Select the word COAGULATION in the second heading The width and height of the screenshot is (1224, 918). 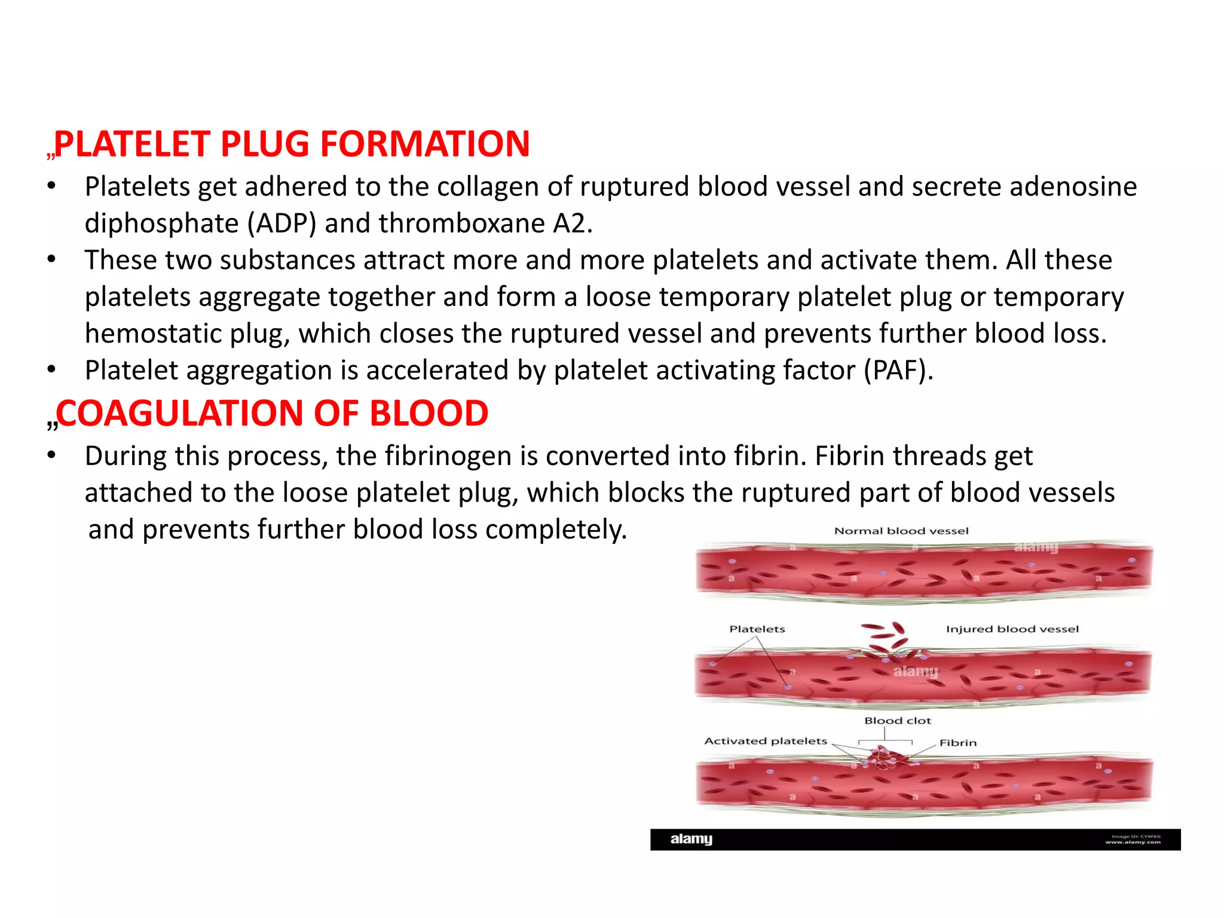pyautogui.click(x=180, y=414)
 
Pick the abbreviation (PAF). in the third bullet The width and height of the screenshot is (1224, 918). pyautogui.click(x=898, y=371)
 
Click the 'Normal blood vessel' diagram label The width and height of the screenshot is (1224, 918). pyautogui.click(x=901, y=531)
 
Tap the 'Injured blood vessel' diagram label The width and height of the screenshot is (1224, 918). pyautogui.click(x=1012, y=629)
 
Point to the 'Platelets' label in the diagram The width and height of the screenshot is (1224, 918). pyautogui.click(x=757, y=629)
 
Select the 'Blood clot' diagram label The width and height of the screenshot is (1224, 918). pyautogui.click(x=897, y=721)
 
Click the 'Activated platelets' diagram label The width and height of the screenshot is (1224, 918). pyautogui.click(x=765, y=741)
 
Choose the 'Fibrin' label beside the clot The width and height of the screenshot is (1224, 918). pyautogui.click(x=957, y=743)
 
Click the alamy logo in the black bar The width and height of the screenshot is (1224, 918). pyautogui.click(x=691, y=839)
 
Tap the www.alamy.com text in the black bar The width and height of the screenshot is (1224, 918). pyautogui.click(x=1133, y=842)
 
